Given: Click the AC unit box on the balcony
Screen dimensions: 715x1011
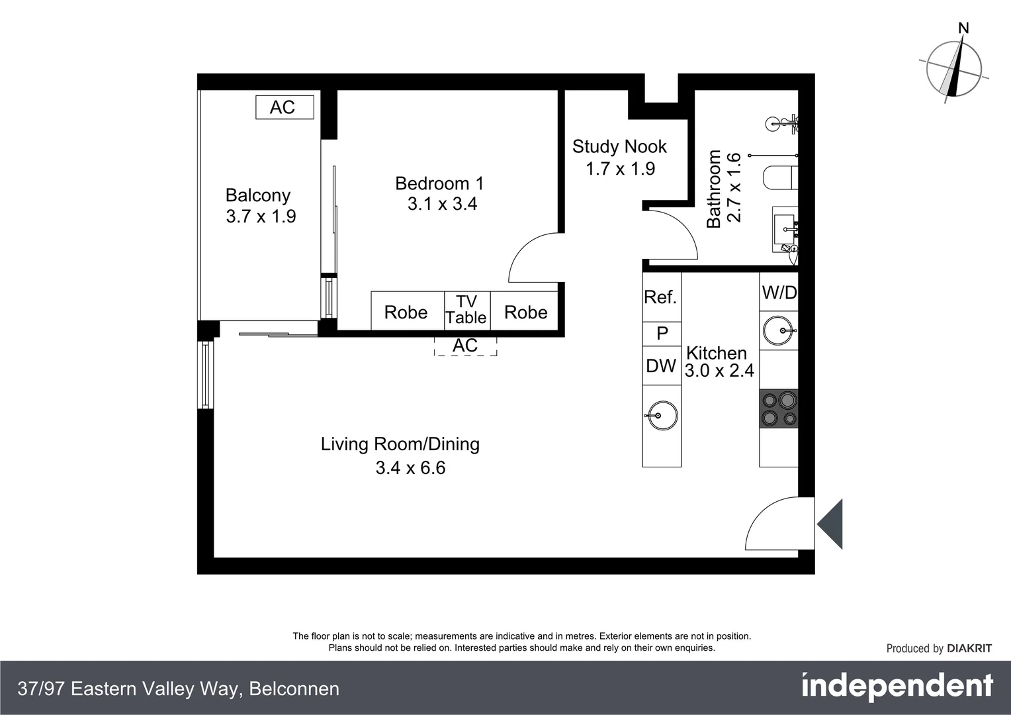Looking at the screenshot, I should [x=285, y=107].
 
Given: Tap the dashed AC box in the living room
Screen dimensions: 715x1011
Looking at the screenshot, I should [x=465, y=346].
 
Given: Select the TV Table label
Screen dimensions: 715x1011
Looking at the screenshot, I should [x=466, y=310].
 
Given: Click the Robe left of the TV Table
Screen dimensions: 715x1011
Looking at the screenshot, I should [x=406, y=312].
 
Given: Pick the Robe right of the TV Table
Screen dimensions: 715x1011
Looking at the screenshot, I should [x=525, y=312].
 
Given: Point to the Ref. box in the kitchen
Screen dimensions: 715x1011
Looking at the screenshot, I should [x=661, y=297].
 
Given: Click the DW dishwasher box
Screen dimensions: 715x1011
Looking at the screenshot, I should [x=661, y=365].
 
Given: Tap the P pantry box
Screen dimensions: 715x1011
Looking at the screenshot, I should [x=662, y=334].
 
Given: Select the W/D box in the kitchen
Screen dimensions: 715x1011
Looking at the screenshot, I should [x=779, y=293].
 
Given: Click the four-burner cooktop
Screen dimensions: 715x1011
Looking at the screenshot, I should [x=779, y=408].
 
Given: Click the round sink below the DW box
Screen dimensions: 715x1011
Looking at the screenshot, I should [x=661, y=416].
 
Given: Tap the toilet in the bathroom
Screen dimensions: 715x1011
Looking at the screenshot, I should [x=779, y=178].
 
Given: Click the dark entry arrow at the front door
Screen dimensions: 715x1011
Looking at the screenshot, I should [x=830, y=524].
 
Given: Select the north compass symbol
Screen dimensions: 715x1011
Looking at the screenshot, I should [x=953, y=67].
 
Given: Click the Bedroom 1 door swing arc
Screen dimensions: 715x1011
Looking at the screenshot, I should [x=533, y=257].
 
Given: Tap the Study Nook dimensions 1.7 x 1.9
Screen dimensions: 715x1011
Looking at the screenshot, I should [x=620, y=169].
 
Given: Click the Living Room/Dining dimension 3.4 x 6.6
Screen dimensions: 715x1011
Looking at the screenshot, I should [x=410, y=468].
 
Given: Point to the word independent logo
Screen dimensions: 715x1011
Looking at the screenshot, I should [x=897, y=687].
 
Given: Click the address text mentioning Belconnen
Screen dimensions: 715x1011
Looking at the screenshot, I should [x=179, y=689].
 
